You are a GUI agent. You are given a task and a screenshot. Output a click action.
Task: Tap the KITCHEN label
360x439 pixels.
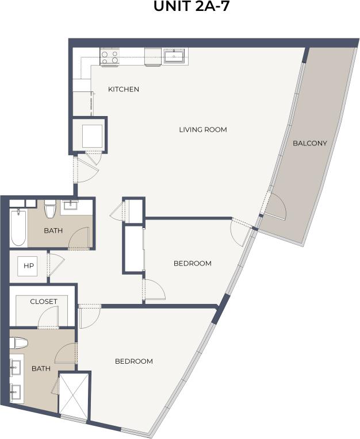point(124,89)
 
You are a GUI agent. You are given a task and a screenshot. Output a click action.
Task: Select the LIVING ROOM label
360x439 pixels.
point(203,129)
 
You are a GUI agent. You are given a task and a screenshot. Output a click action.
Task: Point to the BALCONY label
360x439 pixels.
point(309,143)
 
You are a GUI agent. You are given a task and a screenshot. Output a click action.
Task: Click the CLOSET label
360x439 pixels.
point(44,301)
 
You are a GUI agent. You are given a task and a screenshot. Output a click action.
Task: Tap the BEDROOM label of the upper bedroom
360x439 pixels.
point(192,263)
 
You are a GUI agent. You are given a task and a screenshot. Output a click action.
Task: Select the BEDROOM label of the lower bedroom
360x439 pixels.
point(133,361)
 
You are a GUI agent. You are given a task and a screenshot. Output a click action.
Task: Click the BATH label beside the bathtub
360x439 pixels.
point(54,231)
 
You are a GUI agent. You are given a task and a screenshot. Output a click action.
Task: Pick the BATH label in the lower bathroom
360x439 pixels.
point(41,368)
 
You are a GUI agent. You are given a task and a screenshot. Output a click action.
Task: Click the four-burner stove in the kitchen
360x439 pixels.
point(109,56)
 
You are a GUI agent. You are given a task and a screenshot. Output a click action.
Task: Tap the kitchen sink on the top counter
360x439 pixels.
point(173,56)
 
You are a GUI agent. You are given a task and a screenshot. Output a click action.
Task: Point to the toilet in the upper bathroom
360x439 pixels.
point(49,209)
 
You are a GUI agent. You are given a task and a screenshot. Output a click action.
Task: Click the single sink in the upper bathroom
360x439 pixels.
point(70,205)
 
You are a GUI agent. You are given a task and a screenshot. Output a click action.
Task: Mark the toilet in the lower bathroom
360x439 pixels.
point(20,343)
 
